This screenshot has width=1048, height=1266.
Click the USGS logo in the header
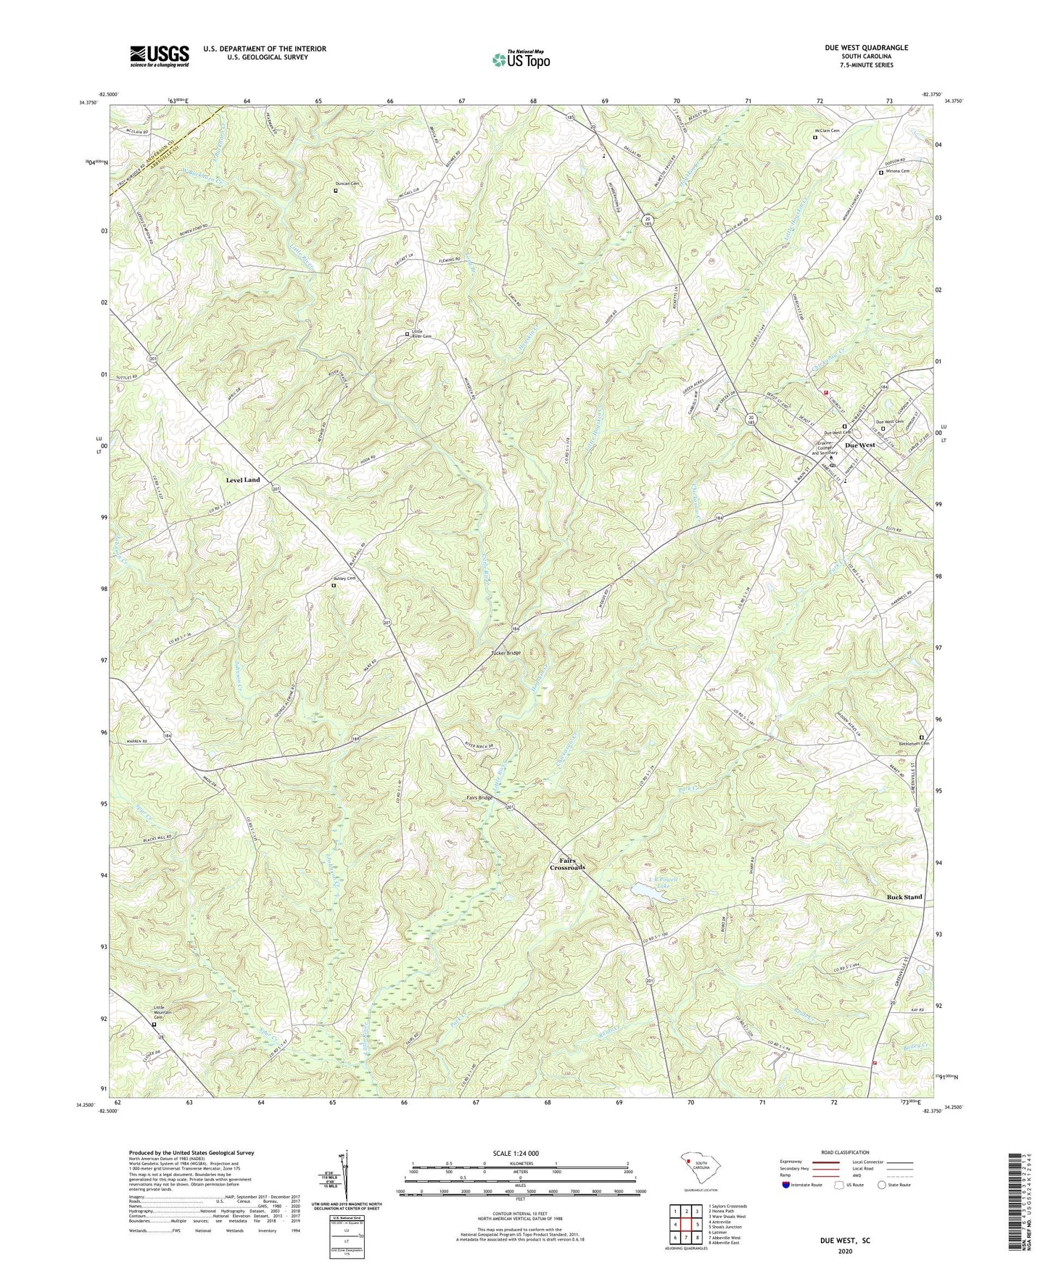[160, 56]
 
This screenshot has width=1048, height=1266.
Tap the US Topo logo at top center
[520, 59]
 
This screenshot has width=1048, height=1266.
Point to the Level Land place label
[242, 480]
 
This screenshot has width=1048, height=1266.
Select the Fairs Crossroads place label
[566, 864]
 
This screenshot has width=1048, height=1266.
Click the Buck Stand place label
[904, 897]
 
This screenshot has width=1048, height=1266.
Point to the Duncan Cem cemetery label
[347, 184]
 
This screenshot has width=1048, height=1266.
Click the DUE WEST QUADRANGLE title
[866, 48]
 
